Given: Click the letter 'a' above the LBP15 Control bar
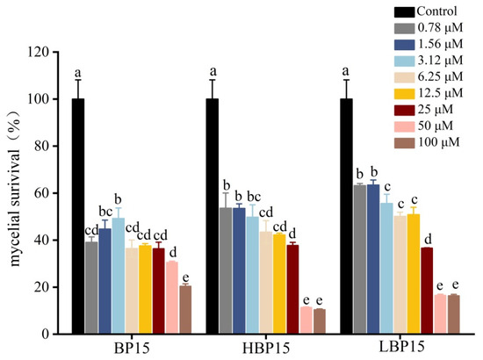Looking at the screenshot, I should [x=347, y=71].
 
